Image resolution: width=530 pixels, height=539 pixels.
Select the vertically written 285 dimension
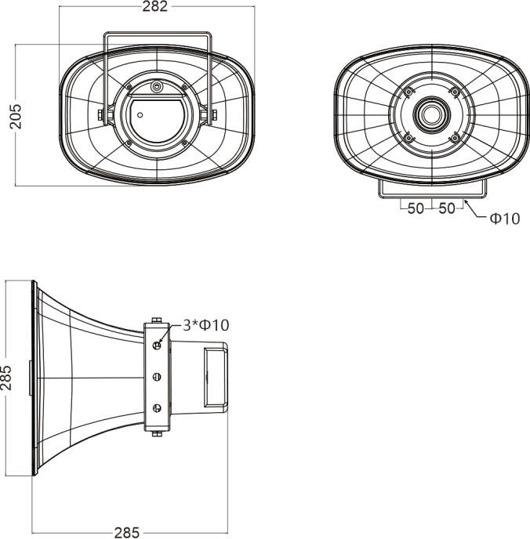click(x=7, y=378)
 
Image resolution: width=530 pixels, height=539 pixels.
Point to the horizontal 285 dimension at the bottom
click(x=127, y=532)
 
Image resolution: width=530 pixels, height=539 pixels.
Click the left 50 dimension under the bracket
click(x=415, y=209)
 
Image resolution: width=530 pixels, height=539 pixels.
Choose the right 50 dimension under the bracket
click(x=447, y=209)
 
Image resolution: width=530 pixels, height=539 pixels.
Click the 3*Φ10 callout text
click(x=205, y=324)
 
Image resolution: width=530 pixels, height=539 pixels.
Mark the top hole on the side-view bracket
click(x=157, y=345)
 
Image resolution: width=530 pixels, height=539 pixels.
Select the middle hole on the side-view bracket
click(x=157, y=378)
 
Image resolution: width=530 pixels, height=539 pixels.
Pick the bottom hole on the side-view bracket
click(x=157, y=408)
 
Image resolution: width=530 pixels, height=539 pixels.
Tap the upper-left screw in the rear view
click(x=408, y=92)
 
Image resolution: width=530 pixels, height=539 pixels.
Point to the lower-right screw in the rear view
click(x=453, y=138)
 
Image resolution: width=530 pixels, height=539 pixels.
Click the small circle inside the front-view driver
click(x=140, y=115)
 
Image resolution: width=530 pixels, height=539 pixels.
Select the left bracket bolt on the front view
click(x=100, y=115)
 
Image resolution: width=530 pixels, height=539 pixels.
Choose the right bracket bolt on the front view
click(x=212, y=115)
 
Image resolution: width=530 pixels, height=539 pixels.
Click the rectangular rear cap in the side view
click(x=216, y=378)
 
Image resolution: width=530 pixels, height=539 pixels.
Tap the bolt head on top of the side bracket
click(x=157, y=320)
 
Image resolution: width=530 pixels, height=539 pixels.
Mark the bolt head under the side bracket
click(x=157, y=433)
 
